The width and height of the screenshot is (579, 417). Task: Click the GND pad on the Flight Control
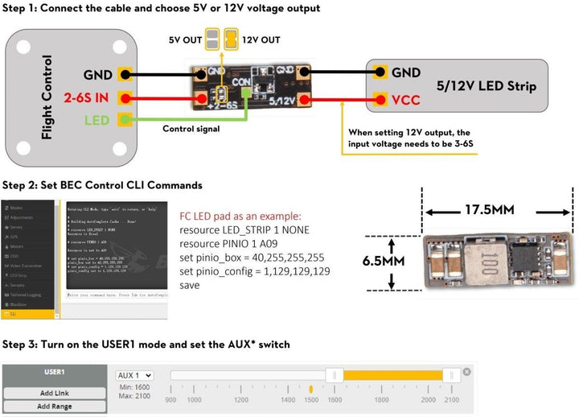pos(125,75)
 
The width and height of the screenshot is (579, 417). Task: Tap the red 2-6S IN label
pos(88,98)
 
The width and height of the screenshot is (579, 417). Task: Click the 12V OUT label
pos(261,39)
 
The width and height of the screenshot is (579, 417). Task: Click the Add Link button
pos(54,393)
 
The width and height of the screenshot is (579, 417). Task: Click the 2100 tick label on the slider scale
pos(452,399)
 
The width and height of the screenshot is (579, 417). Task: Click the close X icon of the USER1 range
pos(467,372)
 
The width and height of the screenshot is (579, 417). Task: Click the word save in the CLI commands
pos(191,286)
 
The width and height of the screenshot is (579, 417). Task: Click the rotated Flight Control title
pos(47,97)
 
